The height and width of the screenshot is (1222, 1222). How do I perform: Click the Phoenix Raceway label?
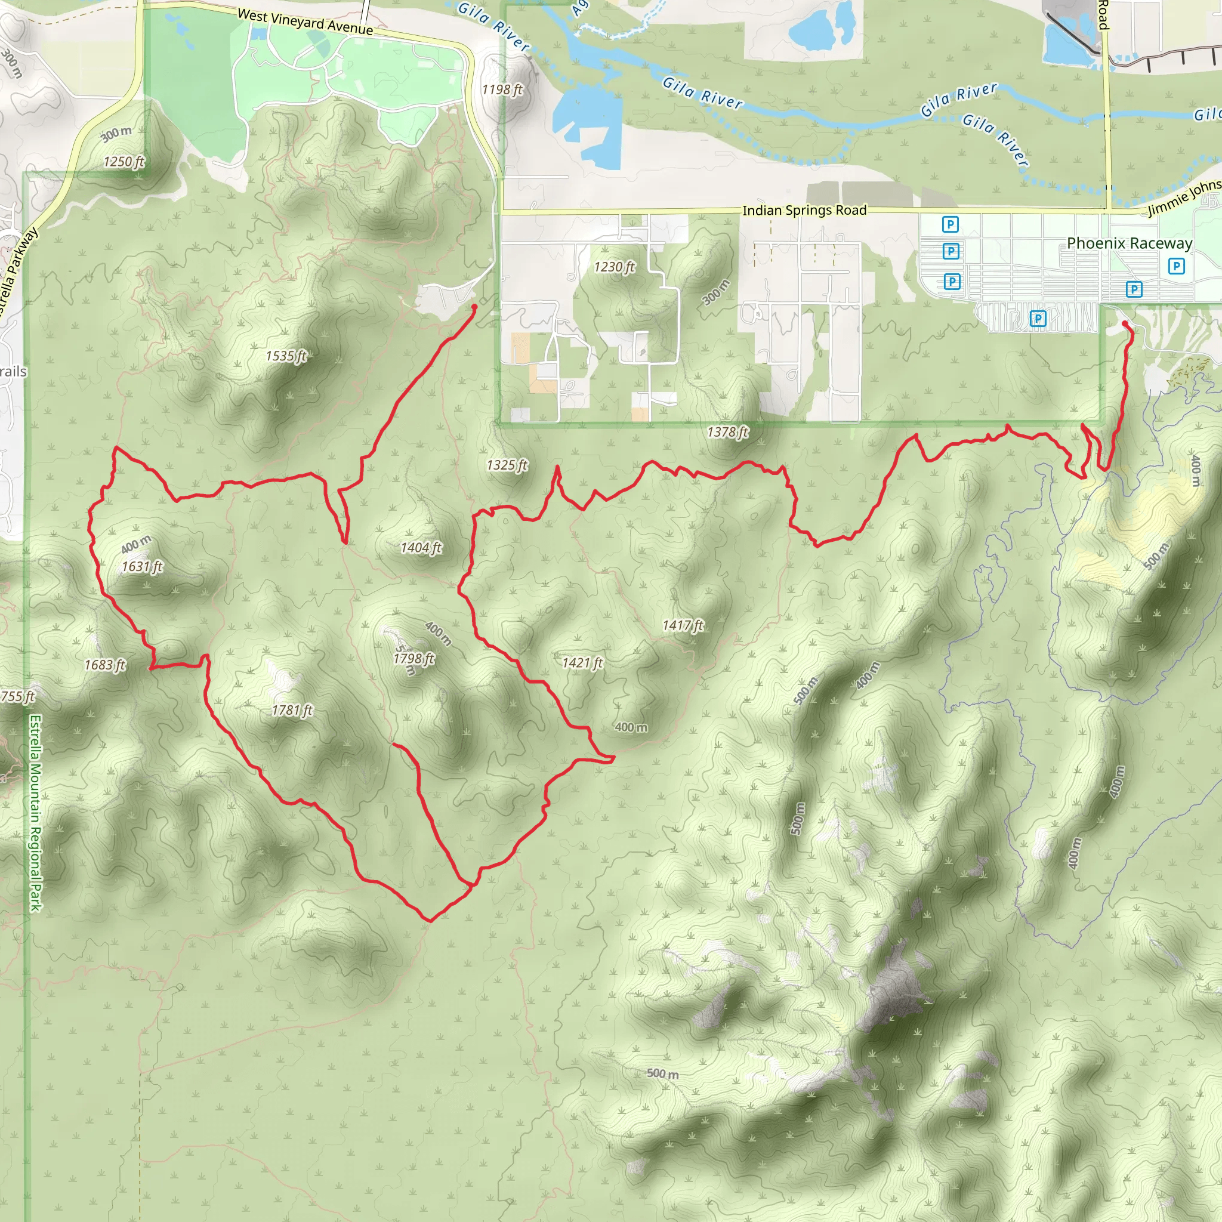click(1129, 243)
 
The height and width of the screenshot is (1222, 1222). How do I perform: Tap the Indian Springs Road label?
click(804, 210)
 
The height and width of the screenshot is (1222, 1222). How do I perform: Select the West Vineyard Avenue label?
click(305, 22)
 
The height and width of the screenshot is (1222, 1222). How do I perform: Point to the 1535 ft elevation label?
click(286, 356)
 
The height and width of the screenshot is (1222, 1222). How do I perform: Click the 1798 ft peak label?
click(413, 659)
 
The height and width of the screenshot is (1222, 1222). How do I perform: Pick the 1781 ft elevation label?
click(292, 710)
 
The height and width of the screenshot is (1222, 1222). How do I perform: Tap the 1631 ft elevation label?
click(143, 566)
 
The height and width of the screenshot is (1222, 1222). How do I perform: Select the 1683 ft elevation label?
click(105, 665)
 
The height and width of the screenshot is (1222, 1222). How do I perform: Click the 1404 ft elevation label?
click(421, 547)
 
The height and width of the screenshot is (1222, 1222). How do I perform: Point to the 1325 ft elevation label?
click(507, 465)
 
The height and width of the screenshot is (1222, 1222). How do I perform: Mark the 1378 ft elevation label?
click(727, 432)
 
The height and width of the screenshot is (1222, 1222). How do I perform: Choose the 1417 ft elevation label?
click(683, 625)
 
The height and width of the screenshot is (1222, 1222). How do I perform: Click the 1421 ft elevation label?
click(582, 663)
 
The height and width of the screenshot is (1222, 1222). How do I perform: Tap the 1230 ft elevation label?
click(614, 267)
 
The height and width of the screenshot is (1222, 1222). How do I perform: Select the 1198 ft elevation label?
click(502, 90)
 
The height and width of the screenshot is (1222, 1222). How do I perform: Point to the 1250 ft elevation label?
click(124, 162)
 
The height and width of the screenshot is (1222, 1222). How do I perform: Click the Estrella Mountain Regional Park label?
click(35, 813)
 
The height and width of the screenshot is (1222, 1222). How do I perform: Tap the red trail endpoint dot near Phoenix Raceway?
click(1125, 324)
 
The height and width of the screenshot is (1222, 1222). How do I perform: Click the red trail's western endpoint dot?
click(474, 307)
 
